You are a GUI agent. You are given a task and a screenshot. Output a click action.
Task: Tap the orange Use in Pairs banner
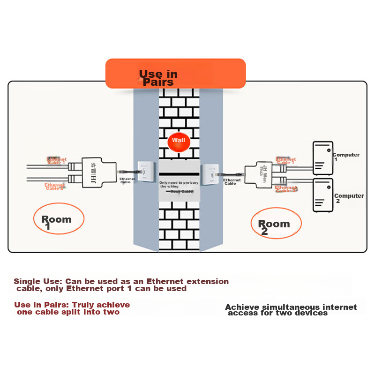pyautogui.click(x=175, y=74)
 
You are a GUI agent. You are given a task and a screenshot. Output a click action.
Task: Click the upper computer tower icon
pyautogui.click(x=323, y=158)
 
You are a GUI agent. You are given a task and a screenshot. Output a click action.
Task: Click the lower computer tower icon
pyautogui.click(x=323, y=195)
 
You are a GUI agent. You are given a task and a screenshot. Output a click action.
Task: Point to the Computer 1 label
pyautogui.click(x=346, y=157)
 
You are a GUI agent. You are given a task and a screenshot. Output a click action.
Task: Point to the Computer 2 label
pyautogui.click(x=349, y=198)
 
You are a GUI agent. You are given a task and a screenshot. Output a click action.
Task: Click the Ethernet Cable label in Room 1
pyautogui.click(x=127, y=180)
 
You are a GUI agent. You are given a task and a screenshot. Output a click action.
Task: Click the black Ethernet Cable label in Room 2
pyautogui.click(x=232, y=182)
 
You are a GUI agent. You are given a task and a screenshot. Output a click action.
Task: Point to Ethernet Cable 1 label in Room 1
pyautogui.click(x=56, y=161)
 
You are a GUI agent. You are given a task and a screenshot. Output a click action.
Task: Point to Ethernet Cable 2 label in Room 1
pyautogui.click(x=54, y=187)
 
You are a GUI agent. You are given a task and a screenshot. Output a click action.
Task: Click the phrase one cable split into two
pyautogui.click(x=68, y=312)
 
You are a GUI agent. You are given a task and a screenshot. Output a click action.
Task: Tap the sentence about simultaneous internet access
pyautogui.click(x=291, y=310)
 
